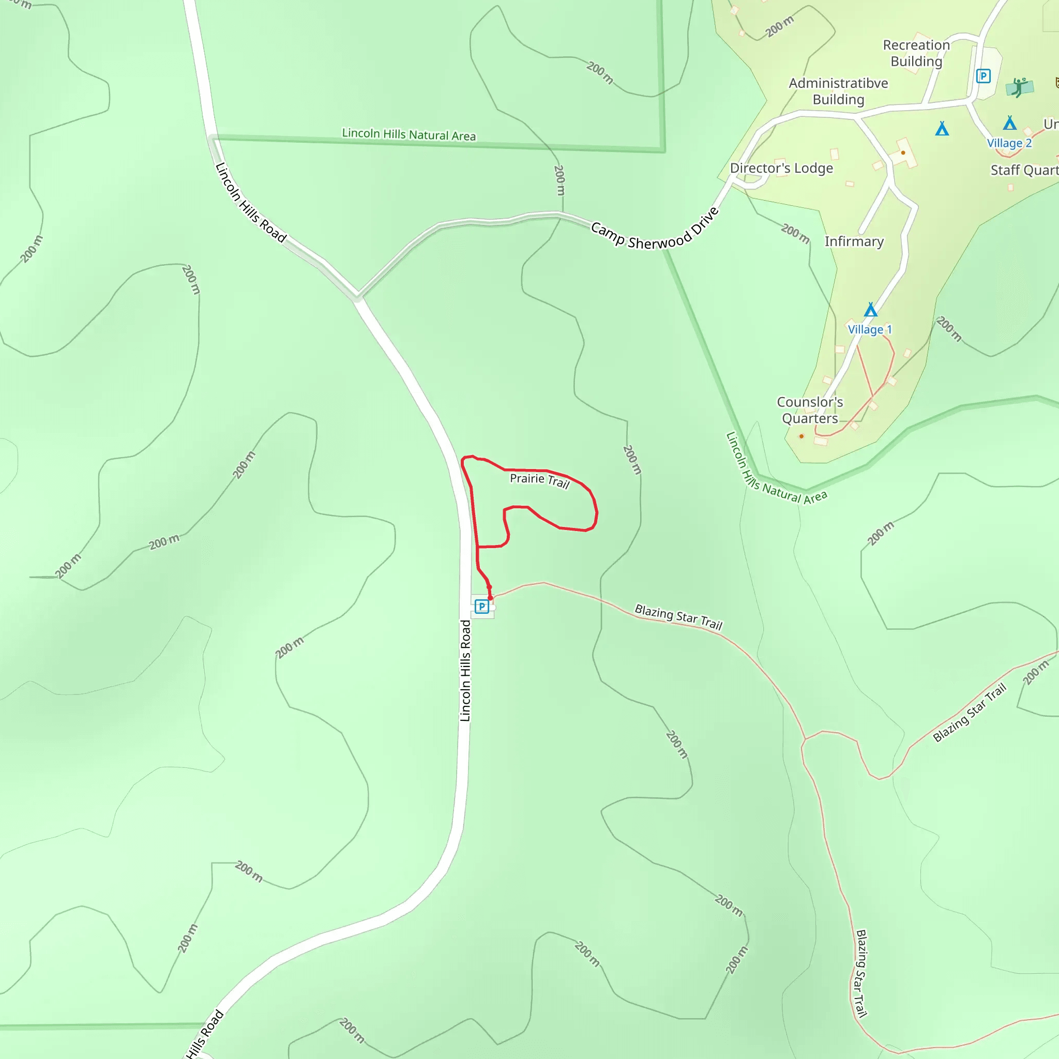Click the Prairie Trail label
coord(539,480)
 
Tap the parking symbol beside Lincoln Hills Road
coord(482,606)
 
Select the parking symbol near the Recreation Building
coord(984,75)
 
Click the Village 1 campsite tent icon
coord(870,310)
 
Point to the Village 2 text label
coord(1009,143)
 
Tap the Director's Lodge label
coord(781,168)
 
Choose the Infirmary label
coord(854,241)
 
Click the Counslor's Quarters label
coord(810,410)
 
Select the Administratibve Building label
coord(838,91)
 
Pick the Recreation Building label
coord(916,53)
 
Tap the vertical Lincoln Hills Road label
coord(465,670)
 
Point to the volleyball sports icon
coord(1019,87)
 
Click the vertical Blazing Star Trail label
coord(861,974)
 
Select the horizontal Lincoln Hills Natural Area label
coord(409,134)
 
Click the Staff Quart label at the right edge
coord(1024,171)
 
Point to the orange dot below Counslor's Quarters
coord(801,436)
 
